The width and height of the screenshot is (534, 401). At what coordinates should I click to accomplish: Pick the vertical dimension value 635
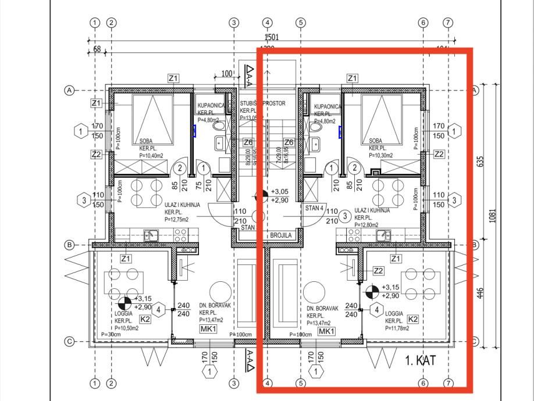click(x=480, y=160)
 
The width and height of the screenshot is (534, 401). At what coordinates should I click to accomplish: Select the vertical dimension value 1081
click(x=492, y=216)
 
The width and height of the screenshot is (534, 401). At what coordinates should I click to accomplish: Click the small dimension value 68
click(x=96, y=49)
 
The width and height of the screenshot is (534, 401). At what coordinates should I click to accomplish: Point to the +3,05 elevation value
click(x=280, y=191)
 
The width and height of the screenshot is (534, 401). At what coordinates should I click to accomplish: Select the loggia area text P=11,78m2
click(x=397, y=328)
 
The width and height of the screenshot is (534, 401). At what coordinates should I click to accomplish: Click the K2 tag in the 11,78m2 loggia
click(x=413, y=319)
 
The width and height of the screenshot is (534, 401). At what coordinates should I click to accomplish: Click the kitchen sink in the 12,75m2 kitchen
click(x=149, y=235)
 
